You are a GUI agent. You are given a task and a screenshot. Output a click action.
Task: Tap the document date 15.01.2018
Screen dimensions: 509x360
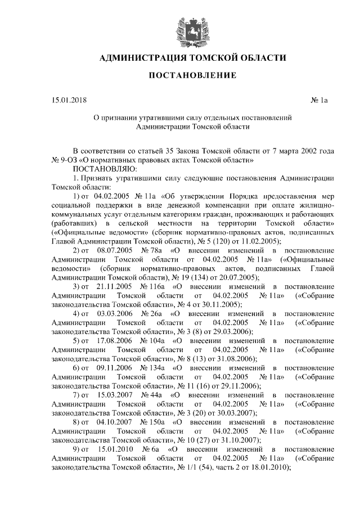[67, 101]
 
